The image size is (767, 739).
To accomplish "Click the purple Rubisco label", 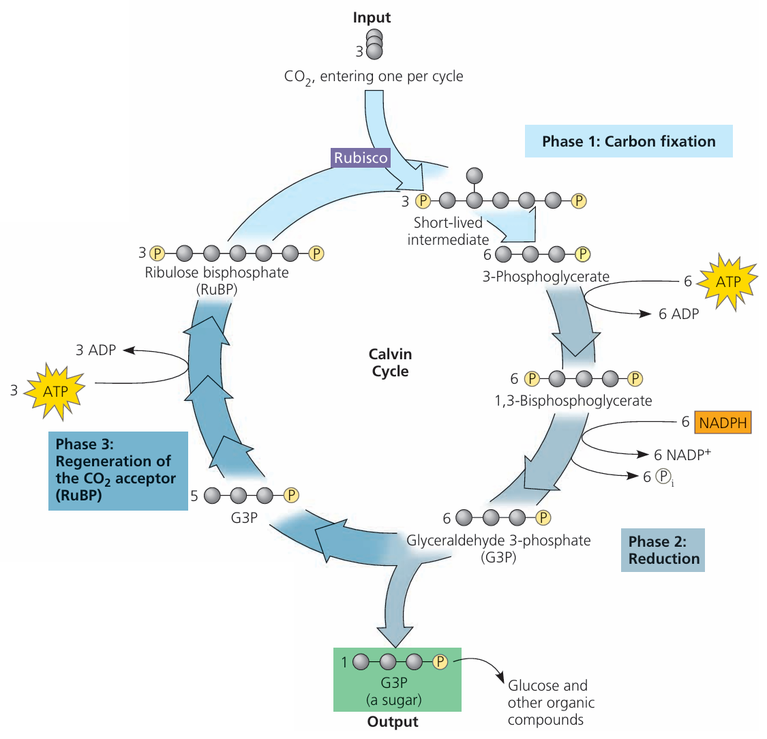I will (361, 158).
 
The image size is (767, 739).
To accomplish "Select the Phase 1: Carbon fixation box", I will (629, 142).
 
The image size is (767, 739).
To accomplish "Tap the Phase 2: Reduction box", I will (663, 550).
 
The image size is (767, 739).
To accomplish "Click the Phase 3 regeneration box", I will (118, 470).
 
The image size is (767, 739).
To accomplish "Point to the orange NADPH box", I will (723, 423).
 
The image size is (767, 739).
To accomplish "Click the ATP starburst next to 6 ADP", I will (727, 282).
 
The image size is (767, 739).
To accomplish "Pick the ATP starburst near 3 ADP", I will (55, 391).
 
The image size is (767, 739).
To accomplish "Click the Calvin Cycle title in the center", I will (390, 363).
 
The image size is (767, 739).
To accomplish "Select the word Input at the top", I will (372, 18).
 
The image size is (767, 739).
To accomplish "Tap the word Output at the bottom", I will (393, 722).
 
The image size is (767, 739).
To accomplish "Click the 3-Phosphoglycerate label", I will (545, 277).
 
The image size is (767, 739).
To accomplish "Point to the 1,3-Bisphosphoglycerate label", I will (573, 401).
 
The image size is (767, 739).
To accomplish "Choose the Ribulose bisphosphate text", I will (216, 273).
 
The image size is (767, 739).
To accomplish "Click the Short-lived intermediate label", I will (448, 231).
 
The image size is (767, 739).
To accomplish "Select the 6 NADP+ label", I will (682, 455).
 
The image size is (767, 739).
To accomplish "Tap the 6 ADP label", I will (678, 314).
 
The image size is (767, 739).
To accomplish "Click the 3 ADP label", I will (95, 350).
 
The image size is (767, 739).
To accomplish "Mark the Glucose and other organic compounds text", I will (551, 703).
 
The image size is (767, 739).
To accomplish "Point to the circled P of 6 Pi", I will (662, 477).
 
